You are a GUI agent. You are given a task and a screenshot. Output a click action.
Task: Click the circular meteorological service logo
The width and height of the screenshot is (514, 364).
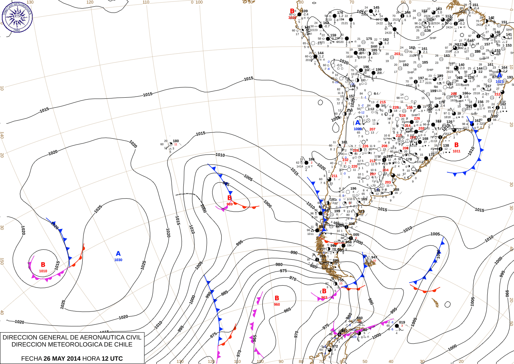17,17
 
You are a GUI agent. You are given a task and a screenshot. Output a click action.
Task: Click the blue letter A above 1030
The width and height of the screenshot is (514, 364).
118,253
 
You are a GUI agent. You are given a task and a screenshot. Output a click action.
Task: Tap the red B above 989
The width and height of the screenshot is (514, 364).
229,198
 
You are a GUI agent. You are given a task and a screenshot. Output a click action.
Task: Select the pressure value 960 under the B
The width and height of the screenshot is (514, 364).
277,304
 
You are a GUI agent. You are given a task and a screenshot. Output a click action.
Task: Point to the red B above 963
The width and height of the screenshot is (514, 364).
324,291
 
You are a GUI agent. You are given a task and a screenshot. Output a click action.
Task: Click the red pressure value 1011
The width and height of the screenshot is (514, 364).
457,151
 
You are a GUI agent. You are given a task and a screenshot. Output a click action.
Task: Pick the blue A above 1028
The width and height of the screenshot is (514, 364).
358,123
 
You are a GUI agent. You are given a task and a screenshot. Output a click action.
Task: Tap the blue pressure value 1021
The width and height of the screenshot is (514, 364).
500,81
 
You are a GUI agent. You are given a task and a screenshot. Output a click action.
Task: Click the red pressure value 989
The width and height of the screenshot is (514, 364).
229,204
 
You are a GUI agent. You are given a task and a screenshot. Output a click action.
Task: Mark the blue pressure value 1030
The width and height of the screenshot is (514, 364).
118,260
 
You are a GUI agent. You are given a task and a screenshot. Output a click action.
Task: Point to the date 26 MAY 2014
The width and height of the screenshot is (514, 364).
62,358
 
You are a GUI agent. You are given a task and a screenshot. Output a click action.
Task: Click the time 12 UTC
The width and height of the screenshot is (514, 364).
112,358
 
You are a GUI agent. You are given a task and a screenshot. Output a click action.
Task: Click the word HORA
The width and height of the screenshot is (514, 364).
91,358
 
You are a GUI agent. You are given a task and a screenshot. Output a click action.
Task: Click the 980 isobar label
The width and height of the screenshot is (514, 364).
279,264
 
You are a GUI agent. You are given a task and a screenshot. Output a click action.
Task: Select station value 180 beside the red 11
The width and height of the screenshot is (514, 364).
176,141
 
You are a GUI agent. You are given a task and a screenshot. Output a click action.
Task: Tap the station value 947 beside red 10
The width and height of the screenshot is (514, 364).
374,257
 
